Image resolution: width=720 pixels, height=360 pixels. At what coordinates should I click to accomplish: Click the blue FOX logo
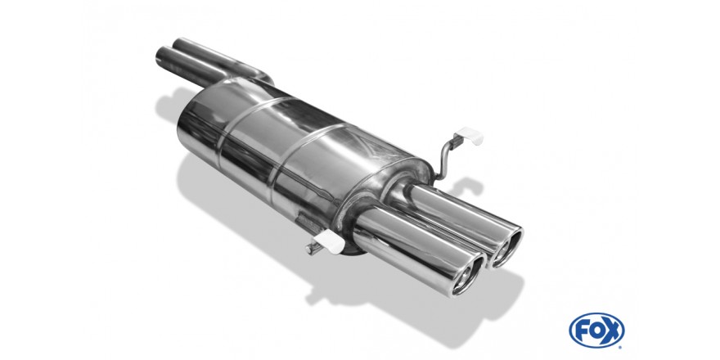(596, 331)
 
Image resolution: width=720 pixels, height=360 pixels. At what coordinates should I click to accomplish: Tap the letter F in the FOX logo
(582, 331)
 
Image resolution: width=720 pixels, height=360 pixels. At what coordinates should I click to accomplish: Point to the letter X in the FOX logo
(613, 331)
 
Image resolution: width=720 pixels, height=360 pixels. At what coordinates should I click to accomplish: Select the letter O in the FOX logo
(596, 331)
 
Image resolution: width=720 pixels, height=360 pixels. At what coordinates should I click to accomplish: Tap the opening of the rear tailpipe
(506, 247)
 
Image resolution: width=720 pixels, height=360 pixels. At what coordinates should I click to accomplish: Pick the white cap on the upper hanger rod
(470, 136)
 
